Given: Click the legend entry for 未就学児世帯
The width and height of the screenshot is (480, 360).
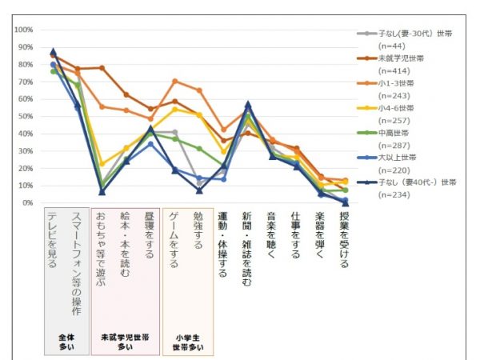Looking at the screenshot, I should coord(403,58).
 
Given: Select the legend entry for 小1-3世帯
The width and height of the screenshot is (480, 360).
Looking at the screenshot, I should coord(398,83).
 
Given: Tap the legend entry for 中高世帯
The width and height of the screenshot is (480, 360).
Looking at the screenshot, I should coord(396,133).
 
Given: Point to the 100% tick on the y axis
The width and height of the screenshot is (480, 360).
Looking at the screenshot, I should coord(23,30).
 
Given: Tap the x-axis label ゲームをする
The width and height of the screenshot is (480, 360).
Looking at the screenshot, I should coord(174,240).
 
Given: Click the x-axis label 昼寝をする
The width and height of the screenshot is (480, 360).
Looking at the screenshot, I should coord(150,235).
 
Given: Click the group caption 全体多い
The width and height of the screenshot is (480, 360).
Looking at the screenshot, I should coord(67,342).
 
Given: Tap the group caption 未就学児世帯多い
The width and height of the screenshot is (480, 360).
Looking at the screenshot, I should coord(125,342).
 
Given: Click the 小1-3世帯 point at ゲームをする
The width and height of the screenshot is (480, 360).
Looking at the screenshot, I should coord(174,82).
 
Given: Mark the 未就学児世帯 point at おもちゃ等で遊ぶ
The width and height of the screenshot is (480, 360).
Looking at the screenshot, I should coord(102,68).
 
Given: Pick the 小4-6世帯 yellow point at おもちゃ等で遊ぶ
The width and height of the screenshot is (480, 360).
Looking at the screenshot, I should coord(102,164).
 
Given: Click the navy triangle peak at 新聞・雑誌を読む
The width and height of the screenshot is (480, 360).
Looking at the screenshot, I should coord(248,104).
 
